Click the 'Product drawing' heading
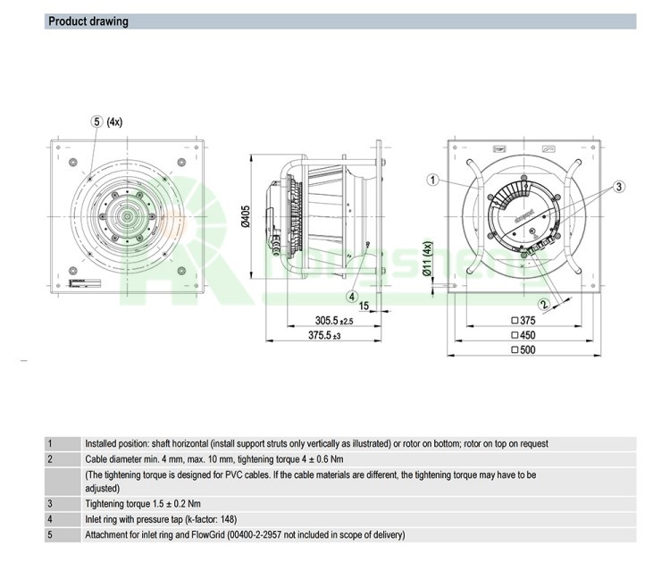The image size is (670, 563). coord(88,21)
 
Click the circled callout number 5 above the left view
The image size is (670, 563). coord(96,122)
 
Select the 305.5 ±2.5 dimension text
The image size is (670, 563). coord(335,320)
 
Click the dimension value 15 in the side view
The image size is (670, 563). coord(364,305)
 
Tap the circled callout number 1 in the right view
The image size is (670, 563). coord(432,180)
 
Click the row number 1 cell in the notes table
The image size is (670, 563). coord(51,443)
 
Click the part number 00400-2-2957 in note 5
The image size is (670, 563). coord(272,534)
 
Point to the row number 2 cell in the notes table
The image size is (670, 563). coord(51,458)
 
